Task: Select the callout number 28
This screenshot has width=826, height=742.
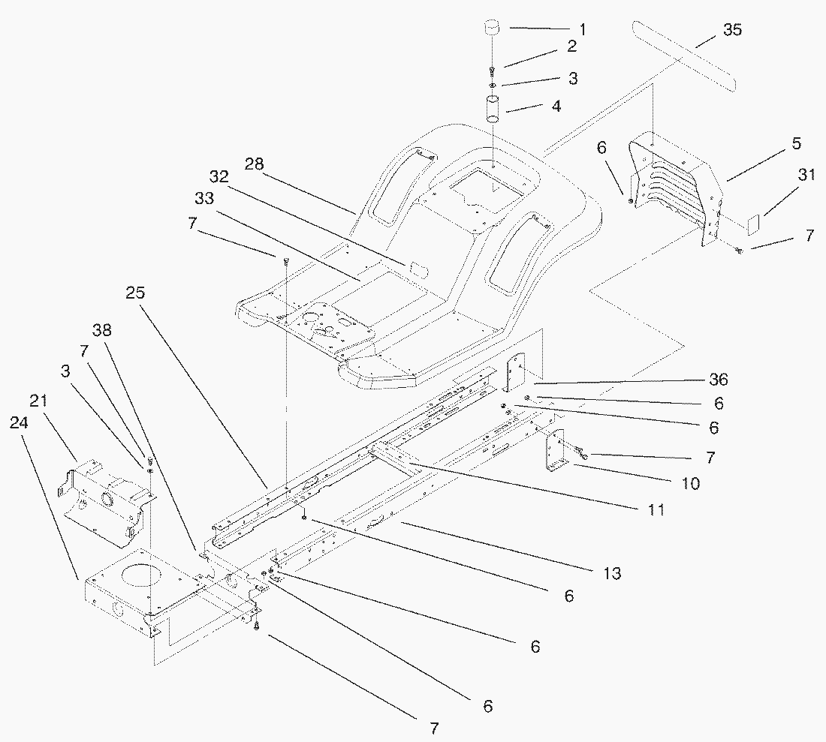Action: point(254,164)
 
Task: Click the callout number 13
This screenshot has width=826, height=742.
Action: point(612,574)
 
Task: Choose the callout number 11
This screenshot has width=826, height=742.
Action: point(656,509)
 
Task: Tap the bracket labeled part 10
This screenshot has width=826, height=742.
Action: point(555,451)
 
